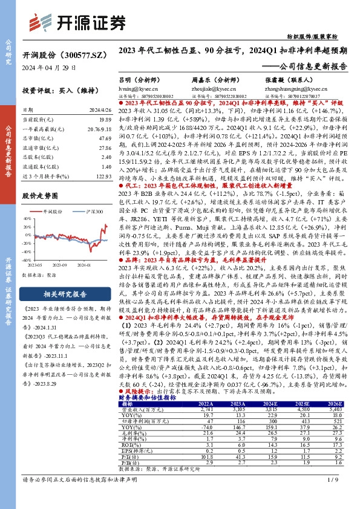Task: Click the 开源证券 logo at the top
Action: (76, 22)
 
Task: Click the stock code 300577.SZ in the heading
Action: (76, 54)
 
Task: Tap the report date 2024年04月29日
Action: (49, 68)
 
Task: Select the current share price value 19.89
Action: (104, 120)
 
